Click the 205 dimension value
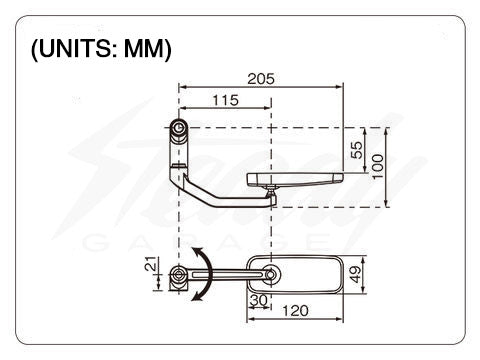(x=261, y=79)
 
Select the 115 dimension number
(x=226, y=100)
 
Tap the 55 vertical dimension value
(x=357, y=150)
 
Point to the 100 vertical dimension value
(x=378, y=166)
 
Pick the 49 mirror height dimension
(x=356, y=274)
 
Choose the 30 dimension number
(x=259, y=300)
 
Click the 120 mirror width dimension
(x=295, y=311)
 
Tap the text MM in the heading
(x=144, y=49)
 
